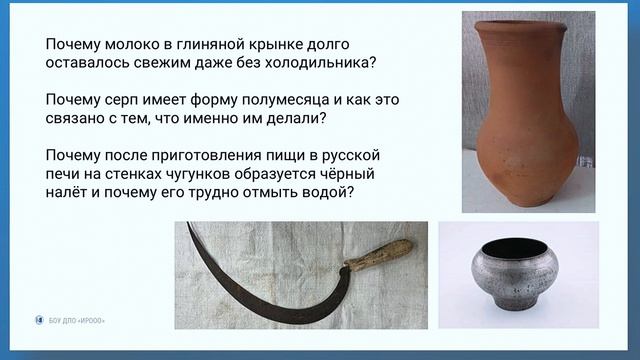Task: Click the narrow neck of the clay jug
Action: click(x=528, y=45)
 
